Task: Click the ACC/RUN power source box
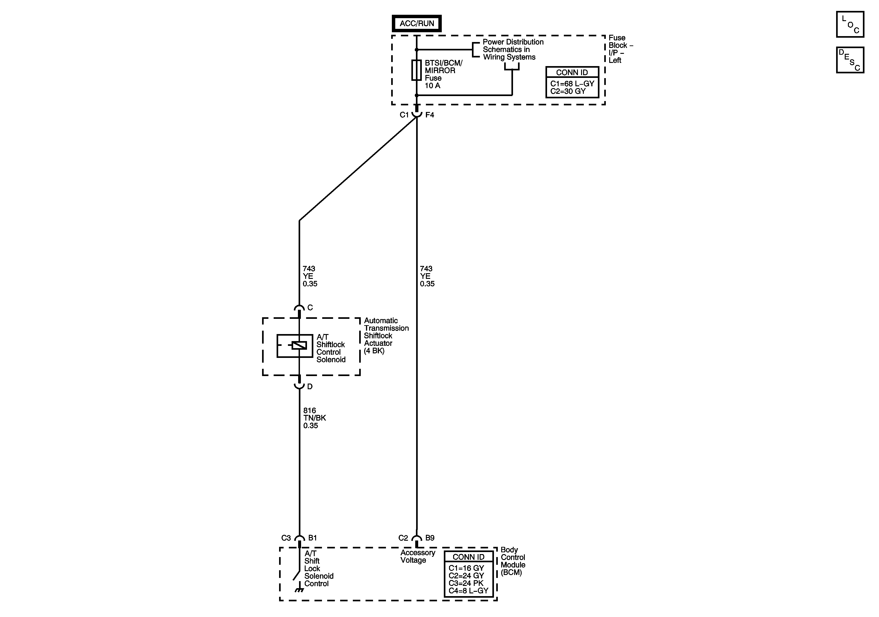pos(417,23)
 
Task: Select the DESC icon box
pos(850,60)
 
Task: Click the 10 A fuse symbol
pos(417,70)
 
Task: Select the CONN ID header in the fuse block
pos(572,72)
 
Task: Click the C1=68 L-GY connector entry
pos(572,84)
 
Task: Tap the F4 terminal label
pos(430,115)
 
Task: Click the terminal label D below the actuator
pos(310,387)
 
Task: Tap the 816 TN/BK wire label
pos(314,418)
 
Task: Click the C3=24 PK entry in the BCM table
pos(466,583)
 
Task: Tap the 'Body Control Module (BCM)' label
pos(513,561)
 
